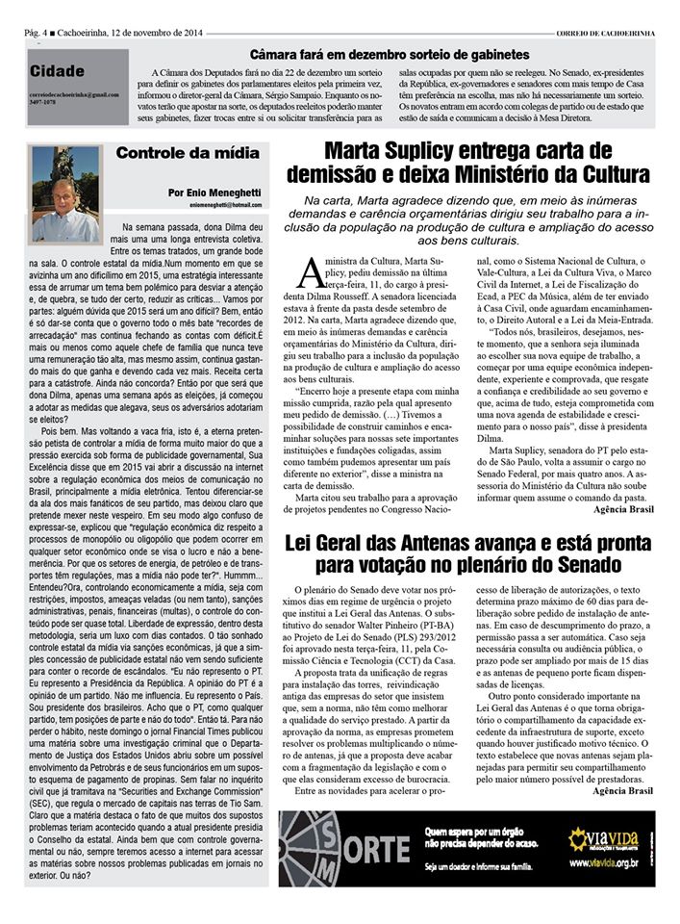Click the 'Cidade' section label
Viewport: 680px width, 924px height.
57,70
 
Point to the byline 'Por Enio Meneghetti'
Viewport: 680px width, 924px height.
214,192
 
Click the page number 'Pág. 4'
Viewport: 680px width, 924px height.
41,35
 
